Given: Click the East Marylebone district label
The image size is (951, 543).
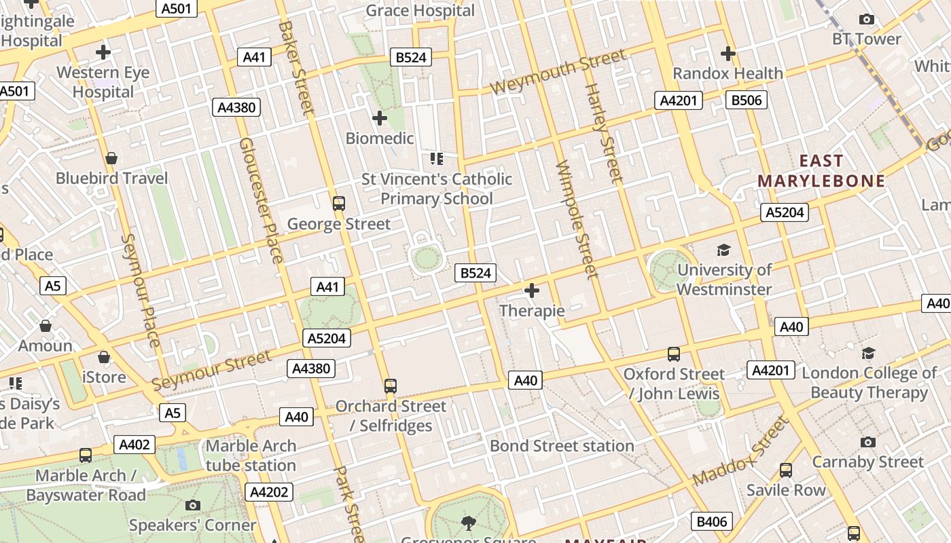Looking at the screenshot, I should pyautogui.click(x=821, y=171).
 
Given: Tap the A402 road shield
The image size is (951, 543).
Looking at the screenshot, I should pyautogui.click(x=134, y=445).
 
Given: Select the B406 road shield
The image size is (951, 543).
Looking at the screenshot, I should pyautogui.click(x=712, y=521).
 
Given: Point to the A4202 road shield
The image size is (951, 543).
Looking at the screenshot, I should pyautogui.click(x=270, y=492).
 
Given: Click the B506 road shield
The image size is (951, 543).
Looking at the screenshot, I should pyautogui.click(x=747, y=100).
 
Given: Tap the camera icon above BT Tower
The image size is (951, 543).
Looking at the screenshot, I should pyautogui.click(x=866, y=20).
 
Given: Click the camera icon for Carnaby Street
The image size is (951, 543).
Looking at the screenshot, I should pyautogui.click(x=867, y=443).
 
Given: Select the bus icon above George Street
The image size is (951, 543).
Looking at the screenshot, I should pyautogui.click(x=338, y=203).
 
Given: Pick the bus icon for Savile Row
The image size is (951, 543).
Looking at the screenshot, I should pyautogui.click(x=785, y=470).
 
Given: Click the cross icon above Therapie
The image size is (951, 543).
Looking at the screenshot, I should pyautogui.click(x=532, y=291).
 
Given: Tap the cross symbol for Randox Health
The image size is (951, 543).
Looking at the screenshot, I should pyautogui.click(x=728, y=53).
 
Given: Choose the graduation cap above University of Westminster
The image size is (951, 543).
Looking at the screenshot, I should pyautogui.click(x=723, y=250).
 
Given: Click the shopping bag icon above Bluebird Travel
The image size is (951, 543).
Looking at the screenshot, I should pyautogui.click(x=111, y=158).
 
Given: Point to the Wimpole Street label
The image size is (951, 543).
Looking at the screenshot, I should pyautogui.click(x=577, y=219).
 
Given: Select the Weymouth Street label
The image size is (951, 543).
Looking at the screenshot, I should pyautogui.click(x=557, y=72).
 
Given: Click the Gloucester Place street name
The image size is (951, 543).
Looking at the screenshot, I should pyautogui.click(x=261, y=200).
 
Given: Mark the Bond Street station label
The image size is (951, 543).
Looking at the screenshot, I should pyautogui.click(x=562, y=446).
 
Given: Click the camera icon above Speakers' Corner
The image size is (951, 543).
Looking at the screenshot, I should pyautogui.click(x=192, y=505).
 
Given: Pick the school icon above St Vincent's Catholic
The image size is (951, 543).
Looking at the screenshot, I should pyautogui.click(x=436, y=159).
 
